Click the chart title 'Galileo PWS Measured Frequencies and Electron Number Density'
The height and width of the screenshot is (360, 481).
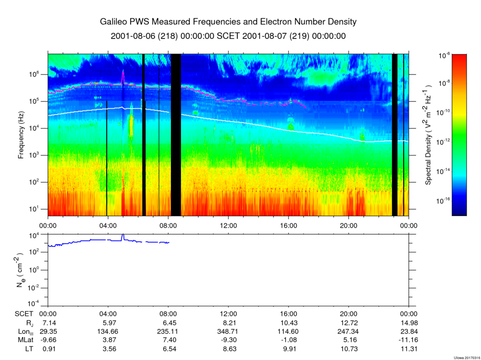click(x=228, y=22)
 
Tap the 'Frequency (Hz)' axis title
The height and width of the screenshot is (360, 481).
click(x=21, y=135)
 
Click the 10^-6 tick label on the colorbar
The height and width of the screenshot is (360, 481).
click(x=444, y=55)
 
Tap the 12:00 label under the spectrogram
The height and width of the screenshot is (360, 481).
click(x=228, y=226)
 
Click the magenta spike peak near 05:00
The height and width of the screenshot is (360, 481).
click(x=123, y=70)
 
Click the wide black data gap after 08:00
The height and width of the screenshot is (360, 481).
click(x=176, y=135)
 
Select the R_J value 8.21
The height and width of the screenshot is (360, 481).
click(x=228, y=323)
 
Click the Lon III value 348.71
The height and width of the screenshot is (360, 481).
click(x=228, y=331)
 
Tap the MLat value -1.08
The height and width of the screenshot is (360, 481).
click(x=288, y=340)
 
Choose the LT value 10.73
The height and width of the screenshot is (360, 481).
click(x=349, y=349)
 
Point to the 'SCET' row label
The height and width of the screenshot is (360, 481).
click(x=24, y=314)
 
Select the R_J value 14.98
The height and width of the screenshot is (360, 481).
click(x=409, y=323)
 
